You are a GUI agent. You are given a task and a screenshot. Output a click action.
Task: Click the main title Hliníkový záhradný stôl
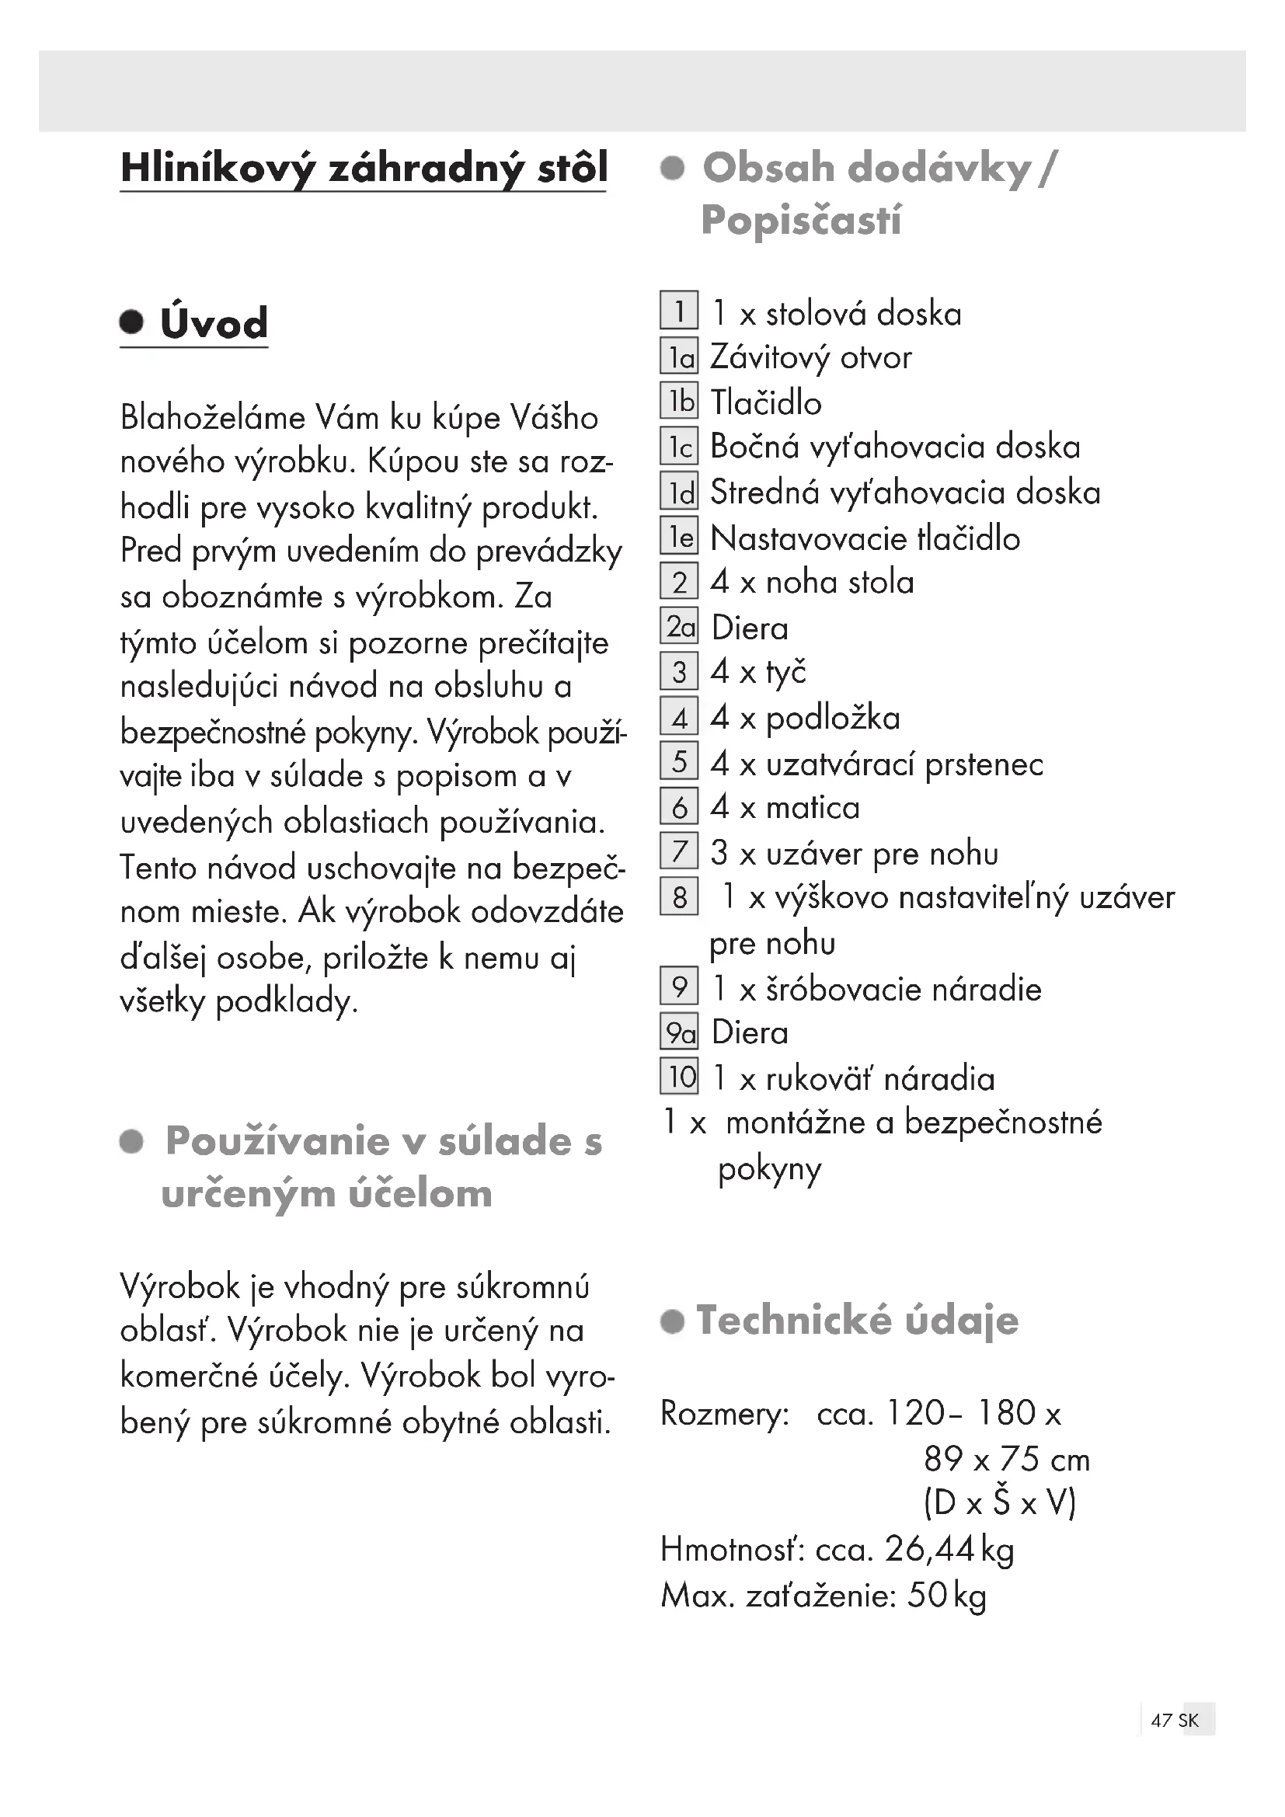(x=364, y=169)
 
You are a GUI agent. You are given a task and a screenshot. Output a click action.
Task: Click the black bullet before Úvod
(x=132, y=322)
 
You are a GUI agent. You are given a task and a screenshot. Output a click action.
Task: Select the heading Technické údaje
(x=857, y=1321)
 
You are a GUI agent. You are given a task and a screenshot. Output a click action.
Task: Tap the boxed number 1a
(x=680, y=357)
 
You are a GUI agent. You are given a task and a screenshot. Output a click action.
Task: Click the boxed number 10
(x=680, y=1077)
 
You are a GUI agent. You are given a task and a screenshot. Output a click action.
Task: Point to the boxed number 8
(x=680, y=897)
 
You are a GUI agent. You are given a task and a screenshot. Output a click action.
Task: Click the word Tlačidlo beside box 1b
(x=766, y=403)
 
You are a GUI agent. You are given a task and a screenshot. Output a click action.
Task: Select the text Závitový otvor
(x=810, y=357)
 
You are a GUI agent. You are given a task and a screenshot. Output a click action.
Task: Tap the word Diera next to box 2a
(x=750, y=628)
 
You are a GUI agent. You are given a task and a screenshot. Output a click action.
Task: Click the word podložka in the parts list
(x=833, y=718)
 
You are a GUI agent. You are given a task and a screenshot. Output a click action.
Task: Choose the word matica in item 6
(x=813, y=808)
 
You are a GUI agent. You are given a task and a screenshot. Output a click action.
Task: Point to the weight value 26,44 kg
(x=949, y=1550)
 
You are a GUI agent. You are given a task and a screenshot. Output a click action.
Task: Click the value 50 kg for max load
(x=946, y=1596)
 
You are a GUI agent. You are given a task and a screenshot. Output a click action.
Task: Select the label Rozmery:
(x=725, y=1413)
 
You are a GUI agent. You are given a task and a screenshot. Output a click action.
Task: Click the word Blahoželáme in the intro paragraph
(x=213, y=417)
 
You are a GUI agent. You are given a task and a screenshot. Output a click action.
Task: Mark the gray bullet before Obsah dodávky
(x=673, y=168)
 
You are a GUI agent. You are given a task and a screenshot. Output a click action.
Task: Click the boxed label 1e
(x=680, y=538)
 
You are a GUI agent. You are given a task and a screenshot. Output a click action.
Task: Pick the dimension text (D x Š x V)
(x=999, y=1503)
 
